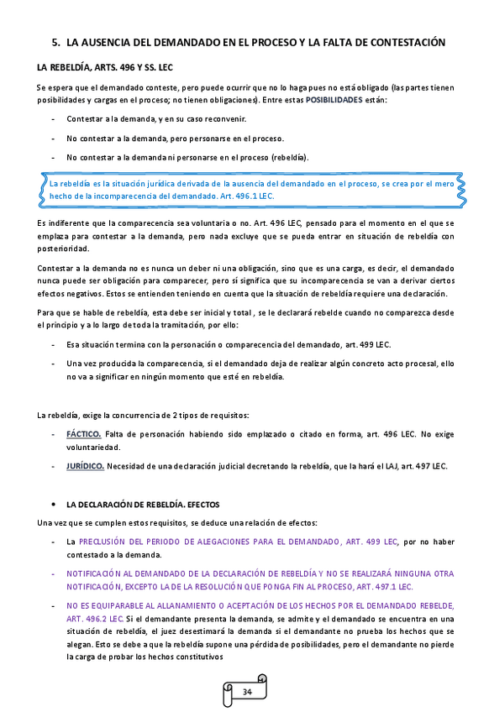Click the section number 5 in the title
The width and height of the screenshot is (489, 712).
tap(55, 41)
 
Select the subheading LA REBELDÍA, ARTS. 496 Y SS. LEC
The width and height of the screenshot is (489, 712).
tap(104, 67)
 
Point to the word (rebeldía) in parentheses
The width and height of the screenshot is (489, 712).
tap(289, 157)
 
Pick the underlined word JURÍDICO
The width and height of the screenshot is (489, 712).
tap(86, 466)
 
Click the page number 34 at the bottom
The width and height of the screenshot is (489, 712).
tap(246, 691)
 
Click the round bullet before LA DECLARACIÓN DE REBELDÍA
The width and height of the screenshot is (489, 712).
tap(54, 505)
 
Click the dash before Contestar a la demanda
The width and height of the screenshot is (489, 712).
tap(54, 119)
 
